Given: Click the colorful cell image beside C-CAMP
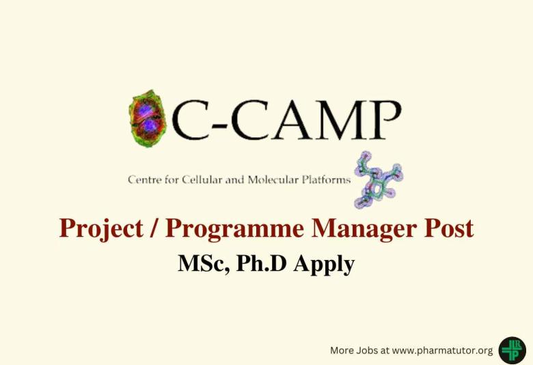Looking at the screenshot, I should tap(148, 119).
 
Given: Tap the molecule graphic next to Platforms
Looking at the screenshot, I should tap(377, 179).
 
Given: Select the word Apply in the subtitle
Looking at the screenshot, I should tap(324, 263).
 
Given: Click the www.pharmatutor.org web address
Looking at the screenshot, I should tap(442, 350).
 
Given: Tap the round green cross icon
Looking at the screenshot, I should tap(512, 350).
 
